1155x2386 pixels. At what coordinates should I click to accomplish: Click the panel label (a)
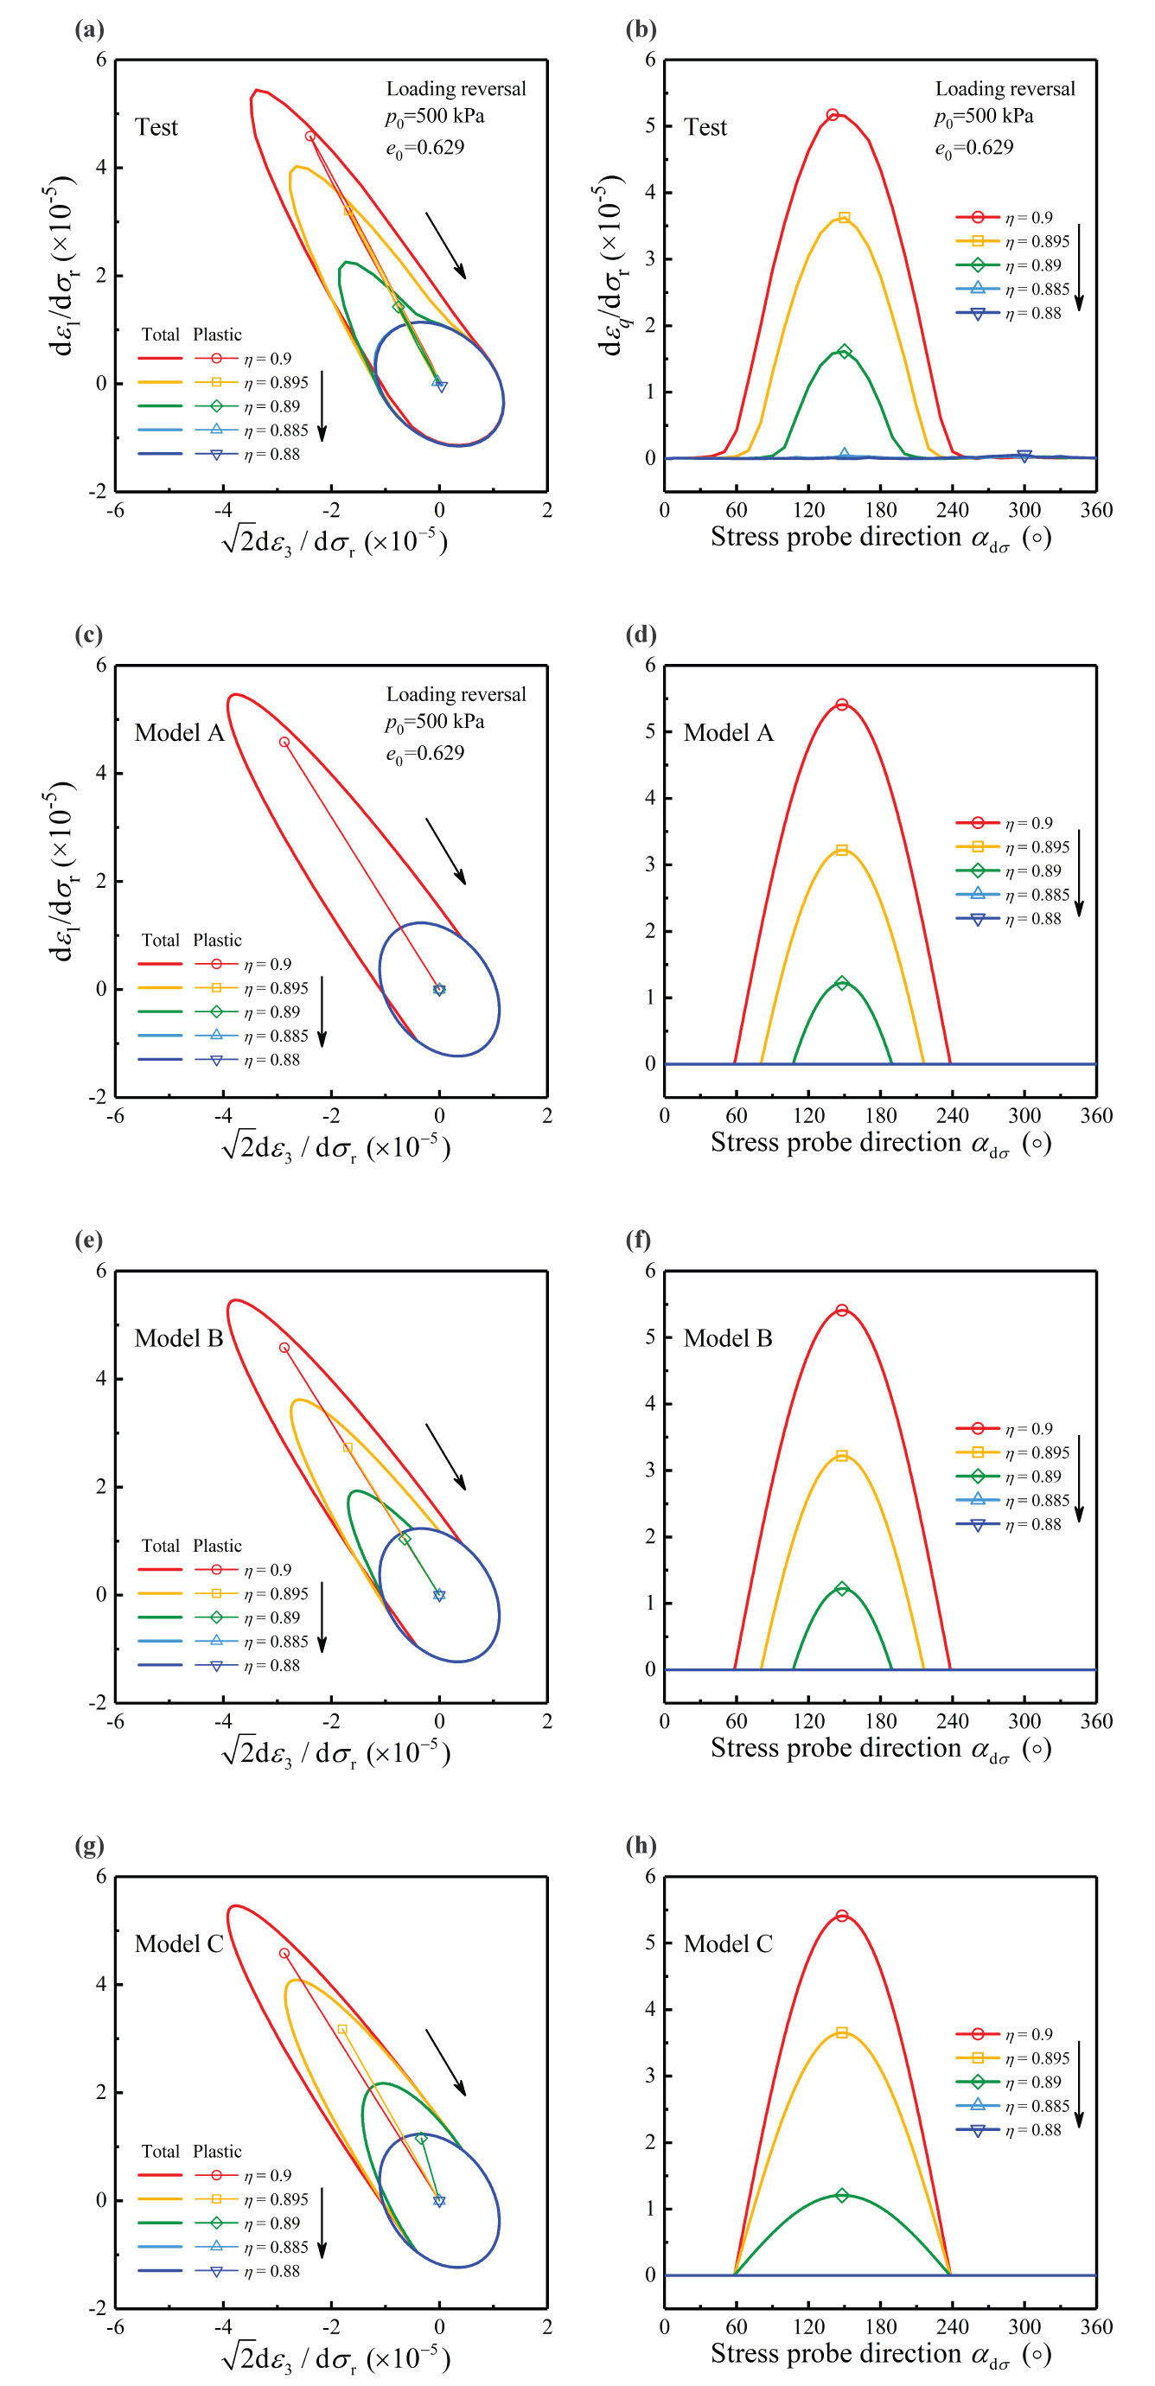pyautogui.click(x=89, y=29)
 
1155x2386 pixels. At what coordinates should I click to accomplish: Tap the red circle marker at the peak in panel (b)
pyautogui.click(x=833, y=115)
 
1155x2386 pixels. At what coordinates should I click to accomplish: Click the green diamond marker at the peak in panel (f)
pyautogui.click(x=842, y=1589)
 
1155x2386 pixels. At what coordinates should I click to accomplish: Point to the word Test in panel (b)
pyautogui.click(x=705, y=127)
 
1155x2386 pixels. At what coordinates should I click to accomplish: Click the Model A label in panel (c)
pyautogui.click(x=179, y=733)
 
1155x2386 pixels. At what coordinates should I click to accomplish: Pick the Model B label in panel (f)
pyautogui.click(x=727, y=1338)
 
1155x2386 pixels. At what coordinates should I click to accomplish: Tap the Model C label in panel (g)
pyautogui.click(x=179, y=1944)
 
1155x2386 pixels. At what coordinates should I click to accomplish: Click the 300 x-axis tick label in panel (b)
pyautogui.click(x=1024, y=510)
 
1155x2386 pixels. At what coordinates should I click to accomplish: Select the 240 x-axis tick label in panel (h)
pyautogui.click(x=952, y=2326)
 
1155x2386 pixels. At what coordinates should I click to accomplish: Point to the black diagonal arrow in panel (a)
pyautogui.click(x=445, y=246)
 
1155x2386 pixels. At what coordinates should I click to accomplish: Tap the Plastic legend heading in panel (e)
pyautogui.click(x=217, y=1546)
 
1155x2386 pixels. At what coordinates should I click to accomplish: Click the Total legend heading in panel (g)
pyautogui.click(x=160, y=2152)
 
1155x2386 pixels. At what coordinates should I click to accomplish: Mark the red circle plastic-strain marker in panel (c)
pyautogui.click(x=284, y=742)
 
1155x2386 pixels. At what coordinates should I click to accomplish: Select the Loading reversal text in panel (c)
pyautogui.click(x=456, y=695)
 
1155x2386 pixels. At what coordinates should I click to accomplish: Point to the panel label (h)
pyautogui.click(x=640, y=1846)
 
